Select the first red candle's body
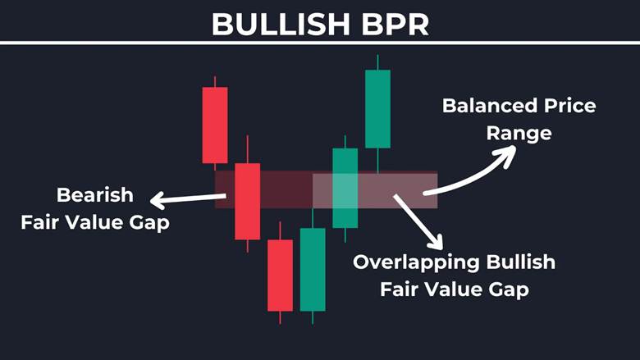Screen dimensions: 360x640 pyautogui.click(x=215, y=125)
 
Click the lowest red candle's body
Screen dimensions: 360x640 pyautogui.click(x=280, y=276)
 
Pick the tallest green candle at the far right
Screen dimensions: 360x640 pyautogui.click(x=377, y=108)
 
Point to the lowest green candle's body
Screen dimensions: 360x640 pyautogui.click(x=313, y=270)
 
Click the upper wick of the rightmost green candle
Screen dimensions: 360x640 pyautogui.click(x=377, y=62)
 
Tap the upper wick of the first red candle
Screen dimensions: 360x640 pyautogui.click(x=215, y=81)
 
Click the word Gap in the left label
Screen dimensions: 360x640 pyautogui.click(x=150, y=222)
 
